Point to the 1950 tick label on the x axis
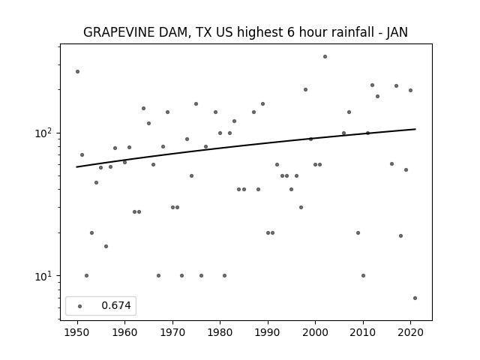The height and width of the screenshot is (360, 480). [77, 332]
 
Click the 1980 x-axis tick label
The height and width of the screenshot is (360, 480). [220, 332]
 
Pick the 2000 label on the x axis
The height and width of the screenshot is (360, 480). [315, 332]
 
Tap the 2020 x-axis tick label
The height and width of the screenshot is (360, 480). [410, 332]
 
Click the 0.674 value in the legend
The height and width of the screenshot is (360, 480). [116, 305]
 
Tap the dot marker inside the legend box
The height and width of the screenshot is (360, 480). [80, 306]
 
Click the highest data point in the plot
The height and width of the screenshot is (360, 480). [325, 57]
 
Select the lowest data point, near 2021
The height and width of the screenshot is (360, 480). [415, 298]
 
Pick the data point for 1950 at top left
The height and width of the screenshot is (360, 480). [77, 72]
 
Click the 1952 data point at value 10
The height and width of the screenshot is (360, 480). [87, 275]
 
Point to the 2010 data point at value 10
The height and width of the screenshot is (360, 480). [363, 275]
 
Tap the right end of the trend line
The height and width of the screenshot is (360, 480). [415, 129]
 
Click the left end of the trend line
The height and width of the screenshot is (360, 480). [76, 166]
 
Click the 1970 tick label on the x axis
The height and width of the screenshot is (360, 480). [172, 332]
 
